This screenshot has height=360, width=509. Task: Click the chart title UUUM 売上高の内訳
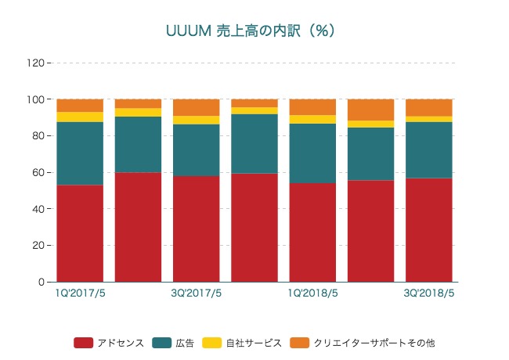point(251,31)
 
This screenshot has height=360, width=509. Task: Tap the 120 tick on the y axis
point(37,63)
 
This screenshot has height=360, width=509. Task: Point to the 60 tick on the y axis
point(39,172)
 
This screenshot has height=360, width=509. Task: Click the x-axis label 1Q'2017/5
point(80,293)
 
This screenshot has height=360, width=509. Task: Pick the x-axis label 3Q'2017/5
point(197,293)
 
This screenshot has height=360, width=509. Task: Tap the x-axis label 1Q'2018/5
point(313,293)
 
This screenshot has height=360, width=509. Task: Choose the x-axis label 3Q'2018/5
point(429,293)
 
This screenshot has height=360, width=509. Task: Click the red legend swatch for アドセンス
point(84,343)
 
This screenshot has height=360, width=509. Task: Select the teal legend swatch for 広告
point(162,343)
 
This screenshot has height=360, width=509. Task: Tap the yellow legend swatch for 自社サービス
point(212,343)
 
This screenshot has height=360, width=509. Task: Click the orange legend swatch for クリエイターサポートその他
point(300,343)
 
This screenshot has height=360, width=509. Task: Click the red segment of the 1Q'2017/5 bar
point(80,233)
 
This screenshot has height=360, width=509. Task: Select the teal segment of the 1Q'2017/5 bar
point(80,153)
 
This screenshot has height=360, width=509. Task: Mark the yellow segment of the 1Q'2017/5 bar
point(80,117)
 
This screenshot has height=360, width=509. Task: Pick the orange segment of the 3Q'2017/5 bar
point(197,107)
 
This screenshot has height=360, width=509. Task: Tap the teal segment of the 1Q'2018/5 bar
point(313,153)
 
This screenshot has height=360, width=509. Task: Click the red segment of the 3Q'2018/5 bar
point(429,230)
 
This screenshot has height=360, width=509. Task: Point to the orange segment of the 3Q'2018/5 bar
point(429,107)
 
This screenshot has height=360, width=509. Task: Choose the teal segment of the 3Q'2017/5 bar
point(197,149)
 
